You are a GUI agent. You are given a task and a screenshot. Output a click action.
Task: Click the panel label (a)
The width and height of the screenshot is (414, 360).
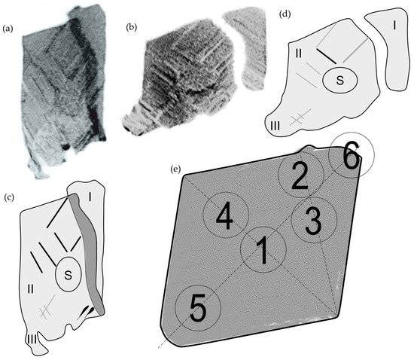click(8, 29)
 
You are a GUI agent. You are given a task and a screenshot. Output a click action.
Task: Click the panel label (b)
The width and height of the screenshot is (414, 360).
click(132, 27)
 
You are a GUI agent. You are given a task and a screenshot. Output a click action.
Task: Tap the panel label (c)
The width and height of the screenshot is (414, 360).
click(10, 197)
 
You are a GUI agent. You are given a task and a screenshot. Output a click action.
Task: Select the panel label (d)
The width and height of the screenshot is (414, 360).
click(285, 14)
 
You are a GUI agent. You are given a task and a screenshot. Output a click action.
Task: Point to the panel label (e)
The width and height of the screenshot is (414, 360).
click(176, 169)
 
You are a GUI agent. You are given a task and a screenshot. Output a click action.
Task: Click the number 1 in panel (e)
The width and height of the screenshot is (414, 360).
click(263, 250)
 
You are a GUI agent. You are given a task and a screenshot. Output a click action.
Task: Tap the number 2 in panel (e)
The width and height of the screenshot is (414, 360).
click(300, 175)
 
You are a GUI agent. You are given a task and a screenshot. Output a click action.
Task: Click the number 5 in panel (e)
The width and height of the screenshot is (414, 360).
click(198, 308)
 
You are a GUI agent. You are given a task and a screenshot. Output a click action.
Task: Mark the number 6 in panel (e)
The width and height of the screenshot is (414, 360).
click(352, 155)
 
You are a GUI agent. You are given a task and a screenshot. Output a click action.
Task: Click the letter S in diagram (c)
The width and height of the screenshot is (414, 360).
click(68, 275)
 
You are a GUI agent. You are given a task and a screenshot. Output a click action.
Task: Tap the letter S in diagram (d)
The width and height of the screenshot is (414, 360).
click(340, 80)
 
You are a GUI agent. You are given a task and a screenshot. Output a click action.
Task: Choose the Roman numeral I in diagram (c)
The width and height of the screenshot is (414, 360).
click(90, 197)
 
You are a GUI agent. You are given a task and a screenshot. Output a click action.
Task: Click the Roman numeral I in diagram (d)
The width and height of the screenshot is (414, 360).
click(394, 26)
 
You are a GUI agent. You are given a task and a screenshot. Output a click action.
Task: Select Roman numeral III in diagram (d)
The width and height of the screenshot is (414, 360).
click(275, 126)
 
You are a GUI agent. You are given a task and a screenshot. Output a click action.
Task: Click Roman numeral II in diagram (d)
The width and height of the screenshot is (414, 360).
click(299, 53)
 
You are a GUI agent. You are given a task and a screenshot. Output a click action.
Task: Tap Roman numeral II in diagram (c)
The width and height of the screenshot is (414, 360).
click(31, 289)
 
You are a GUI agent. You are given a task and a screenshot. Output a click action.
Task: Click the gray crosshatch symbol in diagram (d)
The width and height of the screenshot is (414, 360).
click(300, 117)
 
